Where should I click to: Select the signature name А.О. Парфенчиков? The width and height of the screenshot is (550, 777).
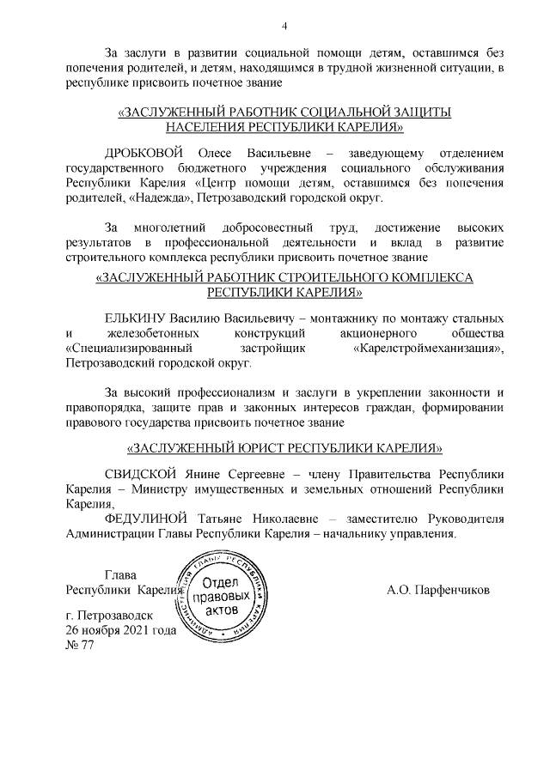pos(438,590)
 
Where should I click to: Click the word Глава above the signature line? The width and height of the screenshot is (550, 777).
pos(120,575)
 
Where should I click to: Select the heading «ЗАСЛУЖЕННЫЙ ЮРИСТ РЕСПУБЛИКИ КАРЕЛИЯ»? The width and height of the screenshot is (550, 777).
pos(284,449)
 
